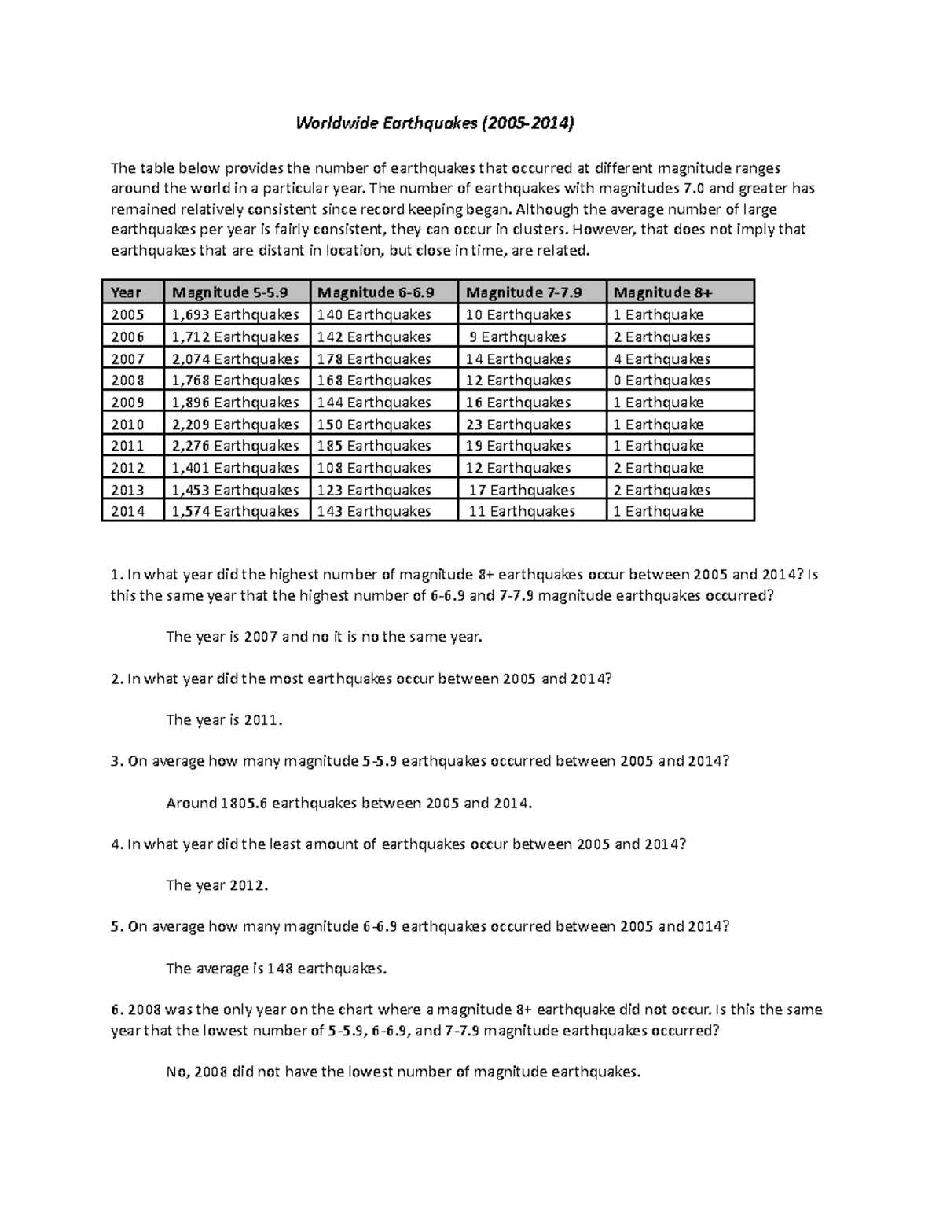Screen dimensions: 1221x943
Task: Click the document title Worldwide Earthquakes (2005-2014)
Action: click(435, 123)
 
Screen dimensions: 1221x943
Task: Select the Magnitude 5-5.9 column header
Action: click(230, 292)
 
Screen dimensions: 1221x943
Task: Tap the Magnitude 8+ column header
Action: click(662, 292)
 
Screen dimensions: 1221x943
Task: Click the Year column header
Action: click(126, 292)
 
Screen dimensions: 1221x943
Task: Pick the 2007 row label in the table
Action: click(127, 359)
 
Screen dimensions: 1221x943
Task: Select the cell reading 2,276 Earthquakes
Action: click(235, 446)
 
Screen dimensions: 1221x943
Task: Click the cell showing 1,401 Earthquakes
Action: click(235, 468)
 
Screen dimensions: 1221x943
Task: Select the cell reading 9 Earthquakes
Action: click(518, 337)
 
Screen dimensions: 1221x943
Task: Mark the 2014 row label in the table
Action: click(127, 511)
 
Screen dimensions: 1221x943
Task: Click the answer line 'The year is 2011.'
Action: click(224, 719)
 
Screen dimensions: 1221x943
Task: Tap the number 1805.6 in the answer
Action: click(244, 803)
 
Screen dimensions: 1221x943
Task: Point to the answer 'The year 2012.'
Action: click(217, 885)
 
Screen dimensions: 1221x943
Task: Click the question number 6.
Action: click(116, 1010)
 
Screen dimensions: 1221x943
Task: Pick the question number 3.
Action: click(116, 761)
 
